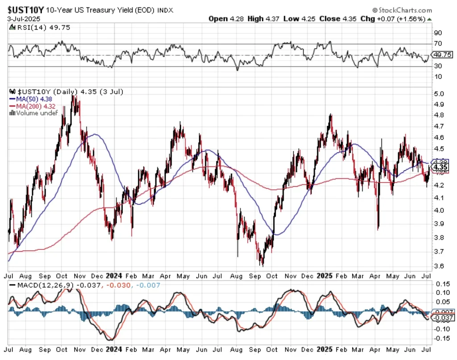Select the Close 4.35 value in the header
342,19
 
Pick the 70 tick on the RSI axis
438,44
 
